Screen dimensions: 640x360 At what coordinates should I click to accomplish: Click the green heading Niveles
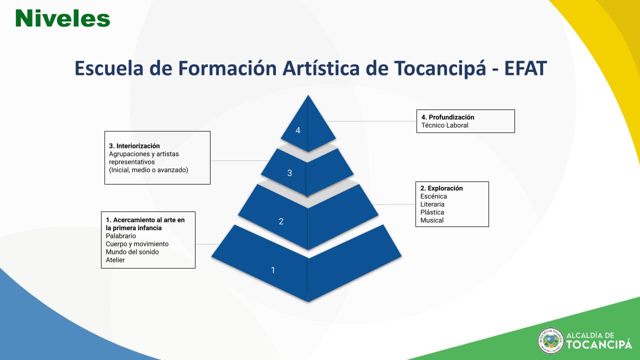62,18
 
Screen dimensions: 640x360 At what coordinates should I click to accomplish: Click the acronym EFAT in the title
525,68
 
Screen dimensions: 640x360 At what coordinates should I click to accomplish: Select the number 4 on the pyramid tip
297,130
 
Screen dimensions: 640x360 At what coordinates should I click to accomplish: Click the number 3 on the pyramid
289,173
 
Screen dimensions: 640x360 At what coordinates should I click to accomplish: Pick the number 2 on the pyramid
281,221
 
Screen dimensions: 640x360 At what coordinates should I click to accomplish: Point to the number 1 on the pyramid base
273,270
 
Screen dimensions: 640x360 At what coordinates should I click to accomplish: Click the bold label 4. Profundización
447,117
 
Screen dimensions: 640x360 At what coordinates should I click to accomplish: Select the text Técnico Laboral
445,125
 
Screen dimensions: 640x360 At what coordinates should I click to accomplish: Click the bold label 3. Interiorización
134,146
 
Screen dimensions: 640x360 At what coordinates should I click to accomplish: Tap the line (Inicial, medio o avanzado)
148,170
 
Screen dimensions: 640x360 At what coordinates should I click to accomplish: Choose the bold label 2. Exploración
441,188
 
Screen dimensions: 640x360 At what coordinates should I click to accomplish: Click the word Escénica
433,196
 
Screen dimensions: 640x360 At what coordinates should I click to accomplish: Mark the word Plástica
432,212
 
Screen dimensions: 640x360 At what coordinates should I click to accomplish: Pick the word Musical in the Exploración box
431,220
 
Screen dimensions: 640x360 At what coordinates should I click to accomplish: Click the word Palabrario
121,236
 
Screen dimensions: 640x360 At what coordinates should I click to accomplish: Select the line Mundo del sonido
132,252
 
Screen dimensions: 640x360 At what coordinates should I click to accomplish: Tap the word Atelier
115,260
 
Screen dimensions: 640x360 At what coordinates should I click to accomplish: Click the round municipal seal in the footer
550,341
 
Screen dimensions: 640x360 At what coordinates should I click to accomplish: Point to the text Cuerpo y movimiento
137,244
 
